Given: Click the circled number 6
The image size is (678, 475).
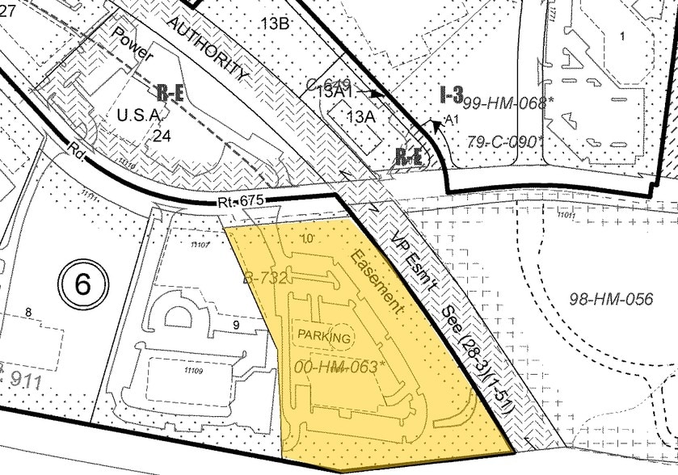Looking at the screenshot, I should [x=80, y=284].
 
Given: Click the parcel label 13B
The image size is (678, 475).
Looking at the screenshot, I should [x=274, y=23].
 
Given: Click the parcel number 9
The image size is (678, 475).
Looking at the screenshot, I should [x=237, y=325].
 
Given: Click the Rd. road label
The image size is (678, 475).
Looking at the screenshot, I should [x=78, y=151].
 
